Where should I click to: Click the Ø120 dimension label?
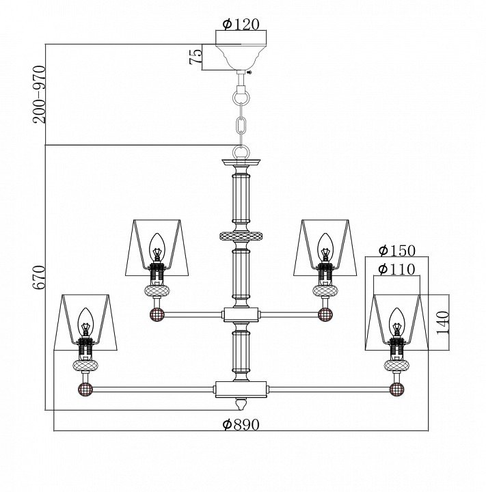click(x=241, y=24)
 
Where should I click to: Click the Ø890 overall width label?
click(x=241, y=424)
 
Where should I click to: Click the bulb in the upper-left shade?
click(x=157, y=244)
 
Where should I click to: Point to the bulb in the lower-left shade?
click(x=85, y=319)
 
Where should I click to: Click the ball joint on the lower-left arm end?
click(x=85, y=390)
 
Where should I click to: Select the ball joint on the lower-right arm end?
click(x=396, y=390)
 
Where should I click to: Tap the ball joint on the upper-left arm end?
click(x=157, y=315)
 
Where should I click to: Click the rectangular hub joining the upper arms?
click(x=241, y=315)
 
